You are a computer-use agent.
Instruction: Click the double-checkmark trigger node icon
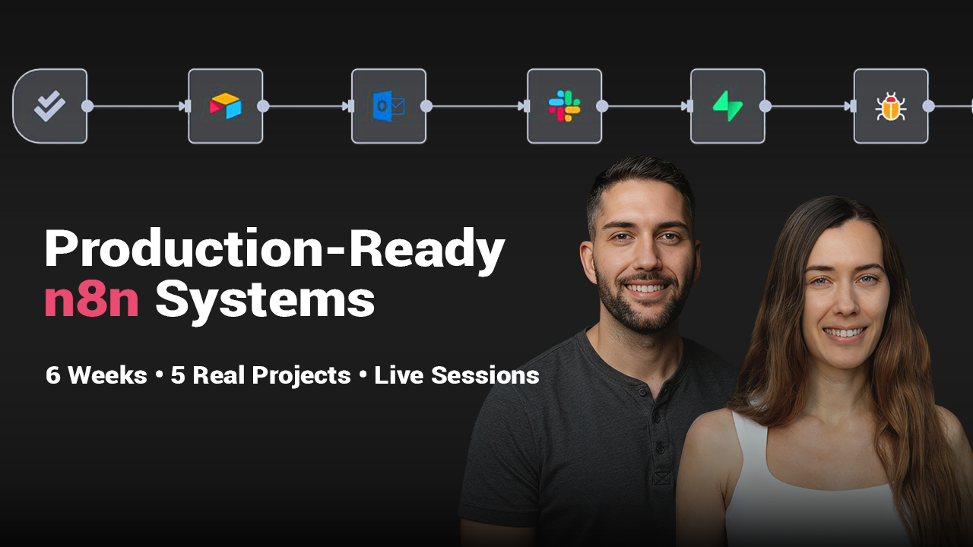tap(49, 106)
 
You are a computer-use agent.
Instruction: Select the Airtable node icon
tap(226, 106)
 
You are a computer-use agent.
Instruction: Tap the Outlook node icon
tap(388, 106)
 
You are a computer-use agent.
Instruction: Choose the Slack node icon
tap(564, 106)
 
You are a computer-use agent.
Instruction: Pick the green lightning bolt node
tap(727, 106)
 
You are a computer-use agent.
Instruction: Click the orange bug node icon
tap(890, 106)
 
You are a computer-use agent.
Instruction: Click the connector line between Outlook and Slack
tap(475, 106)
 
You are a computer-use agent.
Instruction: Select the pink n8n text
tap(91, 301)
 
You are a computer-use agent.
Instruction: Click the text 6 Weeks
tap(96, 375)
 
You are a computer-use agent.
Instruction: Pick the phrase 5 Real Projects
tap(261, 375)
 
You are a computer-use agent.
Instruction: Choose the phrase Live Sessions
tap(457, 375)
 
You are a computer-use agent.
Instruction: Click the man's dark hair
tap(639, 179)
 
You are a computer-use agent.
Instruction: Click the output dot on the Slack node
tap(602, 106)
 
